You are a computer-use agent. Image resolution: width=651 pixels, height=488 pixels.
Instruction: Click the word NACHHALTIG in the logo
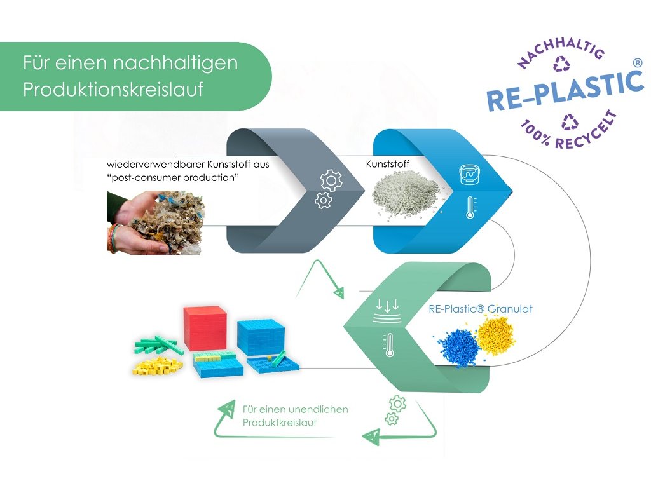(x=559, y=49)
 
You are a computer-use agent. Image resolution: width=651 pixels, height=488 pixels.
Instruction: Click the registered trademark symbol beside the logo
(x=638, y=62)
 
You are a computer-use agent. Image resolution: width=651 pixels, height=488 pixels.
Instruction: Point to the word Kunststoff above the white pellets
(x=387, y=164)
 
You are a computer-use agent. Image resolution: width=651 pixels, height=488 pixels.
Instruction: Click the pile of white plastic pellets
(x=406, y=191)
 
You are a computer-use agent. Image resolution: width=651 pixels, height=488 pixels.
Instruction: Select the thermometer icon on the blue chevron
(x=470, y=207)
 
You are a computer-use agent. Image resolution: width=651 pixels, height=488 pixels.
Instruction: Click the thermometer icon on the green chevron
(x=388, y=344)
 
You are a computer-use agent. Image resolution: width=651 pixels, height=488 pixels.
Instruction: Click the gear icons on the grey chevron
(x=328, y=190)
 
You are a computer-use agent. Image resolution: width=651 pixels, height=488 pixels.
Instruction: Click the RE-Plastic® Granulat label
(x=481, y=309)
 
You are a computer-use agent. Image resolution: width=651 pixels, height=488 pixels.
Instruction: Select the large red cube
(x=205, y=329)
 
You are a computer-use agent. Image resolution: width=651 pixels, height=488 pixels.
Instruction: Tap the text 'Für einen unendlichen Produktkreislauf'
(x=295, y=416)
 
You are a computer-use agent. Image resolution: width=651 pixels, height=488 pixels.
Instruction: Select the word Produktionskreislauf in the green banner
(x=113, y=90)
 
